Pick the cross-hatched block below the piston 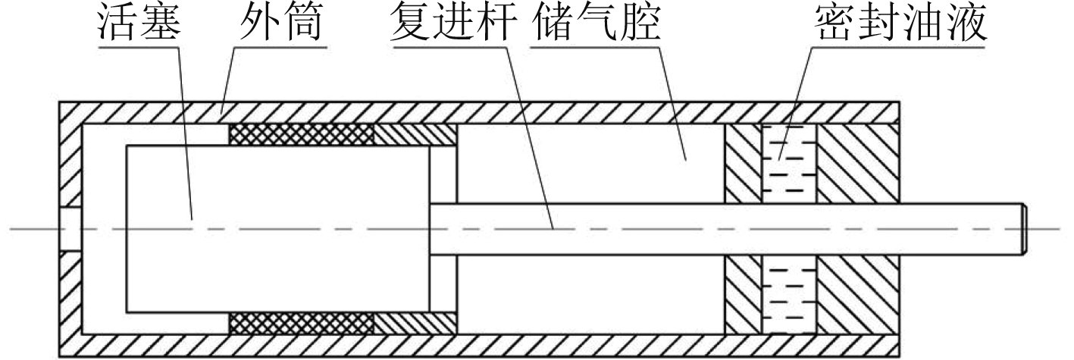302,321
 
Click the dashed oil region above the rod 788,163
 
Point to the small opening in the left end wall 70,228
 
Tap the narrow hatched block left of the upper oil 743,163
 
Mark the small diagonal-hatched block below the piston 415,321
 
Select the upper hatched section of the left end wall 70,163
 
